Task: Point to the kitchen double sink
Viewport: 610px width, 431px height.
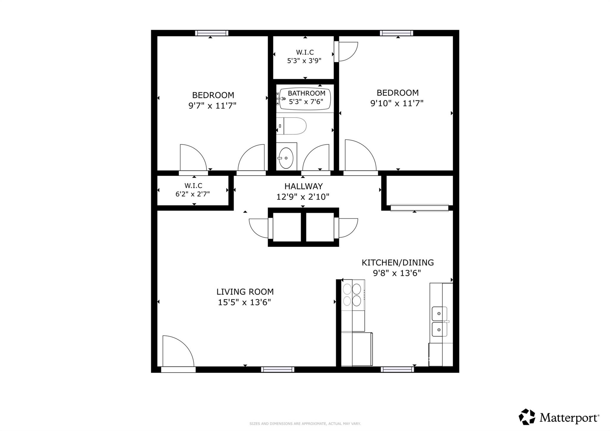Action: [x=439, y=322]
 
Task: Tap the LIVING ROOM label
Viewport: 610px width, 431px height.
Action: [x=245, y=292]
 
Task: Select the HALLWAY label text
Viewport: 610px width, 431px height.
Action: [x=303, y=186]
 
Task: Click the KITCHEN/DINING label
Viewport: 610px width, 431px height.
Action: [x=398, y=263]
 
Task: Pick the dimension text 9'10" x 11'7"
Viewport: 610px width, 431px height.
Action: [x=397, y=103]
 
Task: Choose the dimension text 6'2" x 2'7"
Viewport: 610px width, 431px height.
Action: [x=193, y=194]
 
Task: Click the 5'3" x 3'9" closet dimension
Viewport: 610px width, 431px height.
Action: [x=304, y=61]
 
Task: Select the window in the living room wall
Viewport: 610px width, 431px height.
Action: [x=278, y=369]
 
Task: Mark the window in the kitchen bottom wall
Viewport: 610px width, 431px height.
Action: [x=397, y=369]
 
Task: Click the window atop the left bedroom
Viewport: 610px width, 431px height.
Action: [x=211, y=33]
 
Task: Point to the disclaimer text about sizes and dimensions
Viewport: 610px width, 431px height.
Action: [x=305, y=424]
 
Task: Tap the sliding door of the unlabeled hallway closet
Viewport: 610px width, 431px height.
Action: [x=419, y=207]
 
